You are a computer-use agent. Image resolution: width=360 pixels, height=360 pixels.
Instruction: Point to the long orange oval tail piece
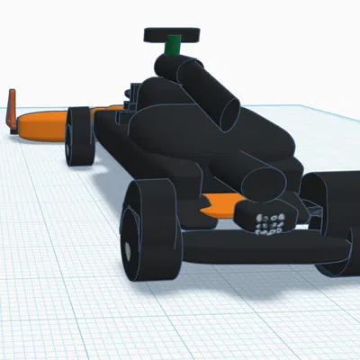(x=41, y=126)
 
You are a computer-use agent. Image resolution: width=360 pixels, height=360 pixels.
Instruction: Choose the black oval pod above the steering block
(x=263, y=184)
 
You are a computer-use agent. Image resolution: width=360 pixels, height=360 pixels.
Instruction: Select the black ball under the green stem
(x=168, y=64)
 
